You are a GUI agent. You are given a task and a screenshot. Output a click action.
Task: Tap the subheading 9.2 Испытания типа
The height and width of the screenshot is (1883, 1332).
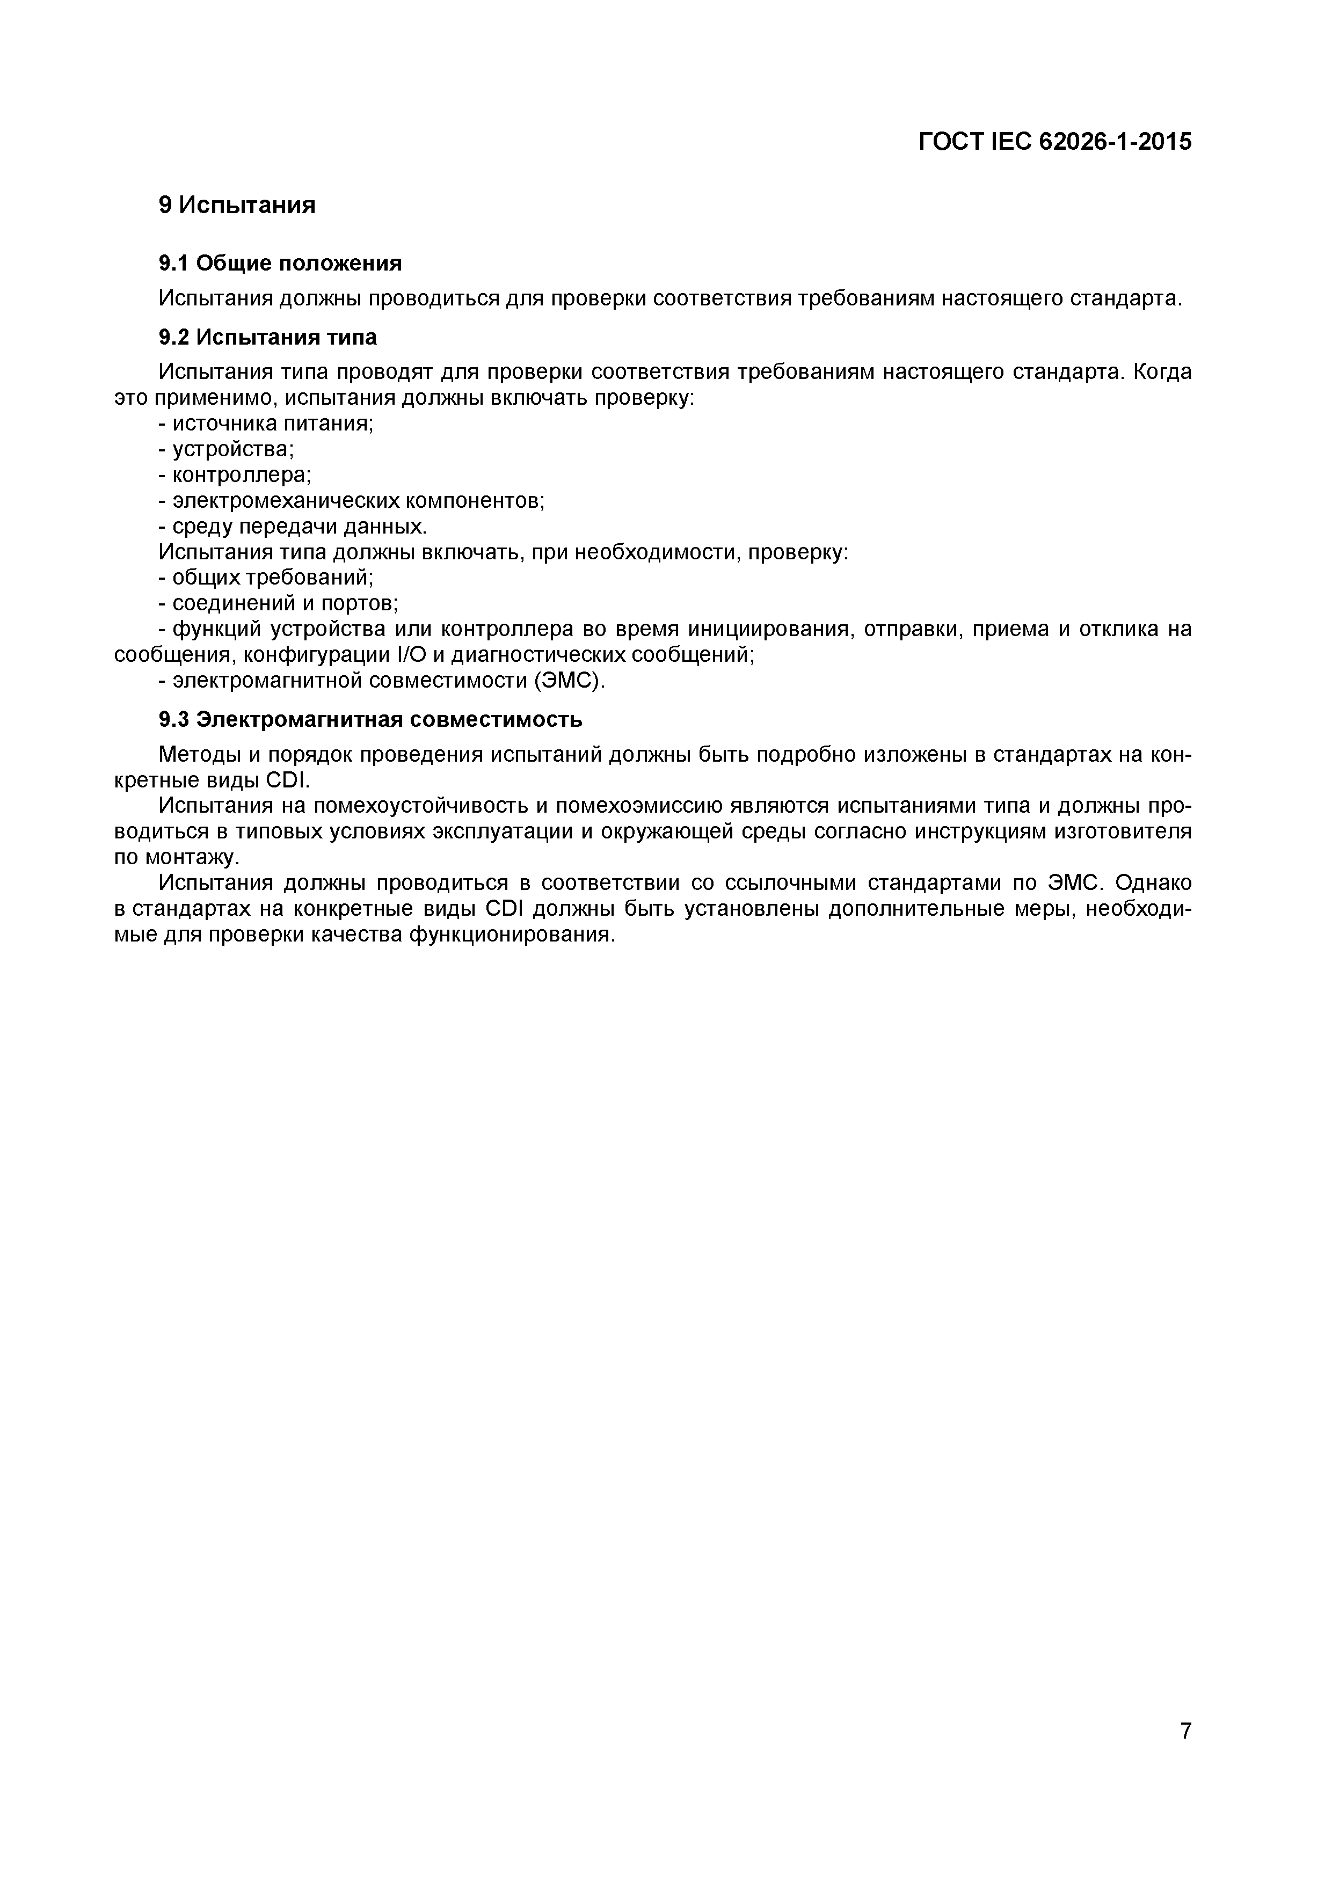[267, 337]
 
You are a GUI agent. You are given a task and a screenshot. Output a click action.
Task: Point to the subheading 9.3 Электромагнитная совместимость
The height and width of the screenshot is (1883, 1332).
[370, 719]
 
